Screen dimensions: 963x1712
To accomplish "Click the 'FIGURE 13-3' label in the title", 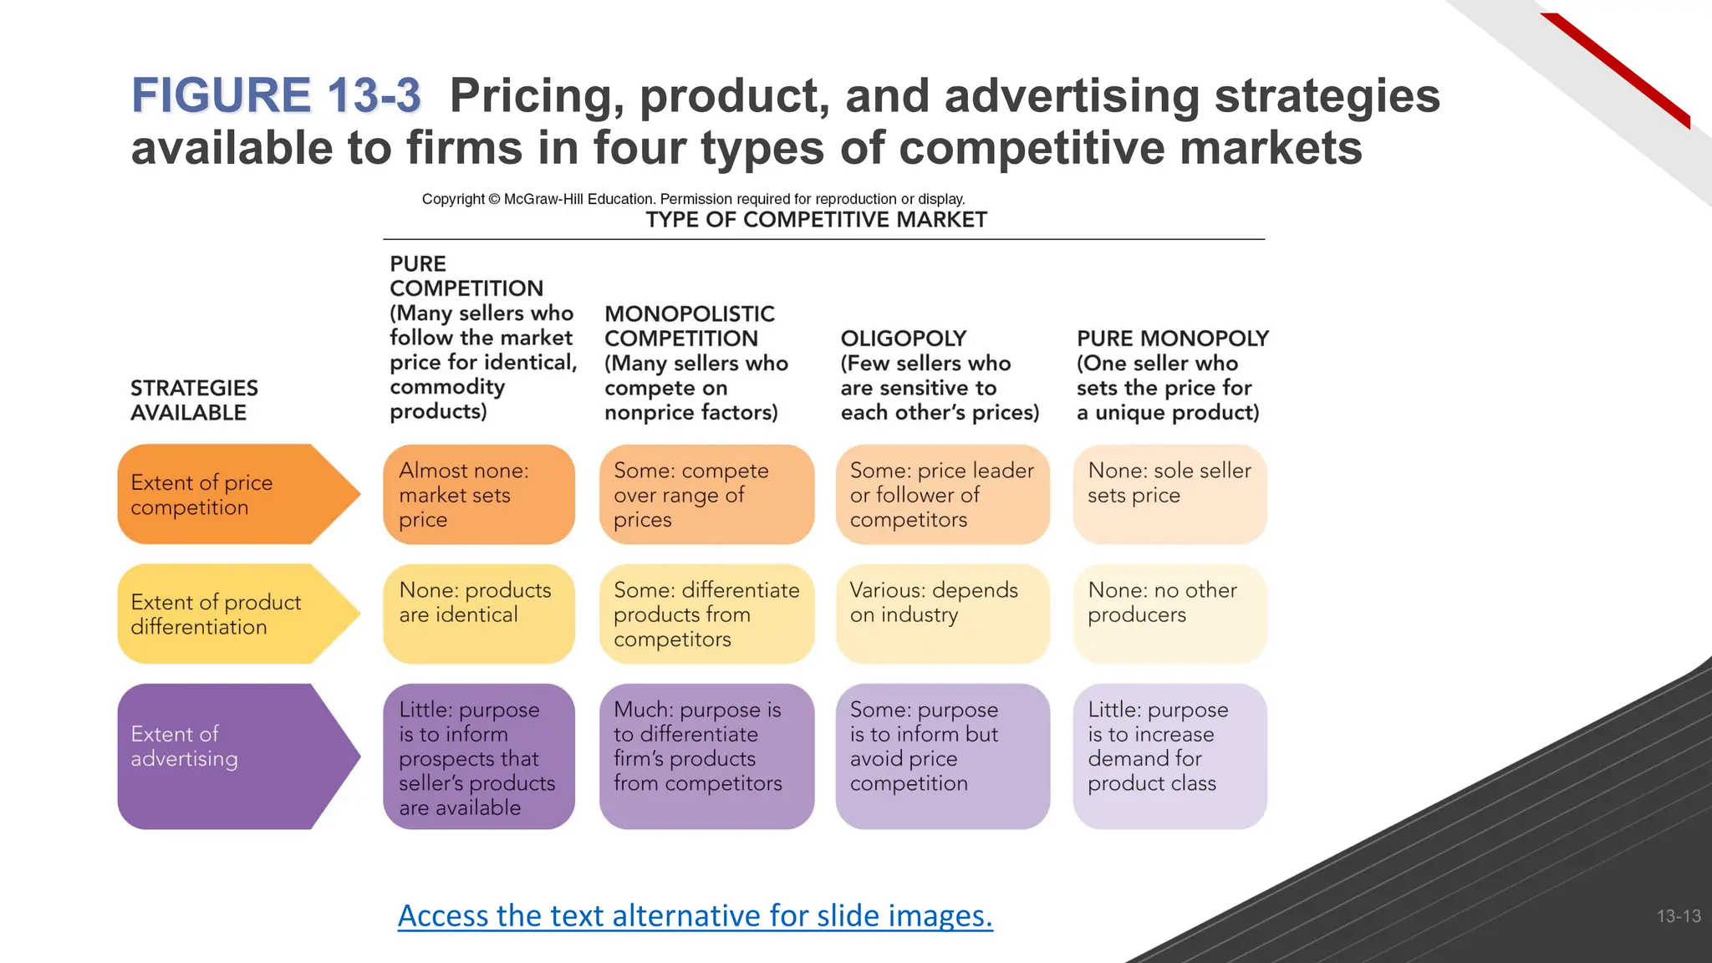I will coord(276,95).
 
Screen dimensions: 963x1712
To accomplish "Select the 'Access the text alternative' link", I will coord(695,915).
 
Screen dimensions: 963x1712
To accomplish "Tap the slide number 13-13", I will coord(1679,916).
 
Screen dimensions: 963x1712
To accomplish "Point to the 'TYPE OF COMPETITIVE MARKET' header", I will coord(816,220).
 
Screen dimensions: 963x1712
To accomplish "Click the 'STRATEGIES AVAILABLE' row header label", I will coord(194,400).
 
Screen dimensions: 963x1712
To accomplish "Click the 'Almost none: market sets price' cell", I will coord(479,495).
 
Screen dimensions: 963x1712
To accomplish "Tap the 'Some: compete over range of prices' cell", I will coord(706,495).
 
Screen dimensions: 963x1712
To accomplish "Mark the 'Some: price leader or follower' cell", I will coord(942,495).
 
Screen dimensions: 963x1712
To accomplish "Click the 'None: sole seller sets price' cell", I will coord(1169,493).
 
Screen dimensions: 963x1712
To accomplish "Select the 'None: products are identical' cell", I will coord(479,613).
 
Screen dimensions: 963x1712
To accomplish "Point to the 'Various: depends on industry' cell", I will coord(942,613).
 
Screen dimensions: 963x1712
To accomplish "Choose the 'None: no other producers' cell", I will coord(1169,613).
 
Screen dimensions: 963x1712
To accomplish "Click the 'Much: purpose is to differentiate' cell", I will coord(706,756).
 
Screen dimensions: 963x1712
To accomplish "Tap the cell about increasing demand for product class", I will coord(1169,756).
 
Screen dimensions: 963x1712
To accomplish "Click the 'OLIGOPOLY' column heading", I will coord(904,339).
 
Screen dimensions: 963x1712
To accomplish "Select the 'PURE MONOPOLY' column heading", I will coord(1172,339).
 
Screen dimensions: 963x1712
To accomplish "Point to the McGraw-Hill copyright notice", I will coord(693,199).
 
